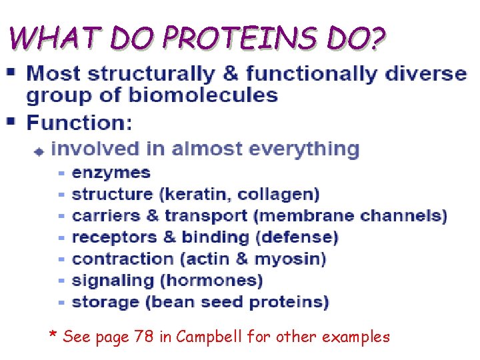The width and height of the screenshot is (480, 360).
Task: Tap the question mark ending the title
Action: tap(377, 38)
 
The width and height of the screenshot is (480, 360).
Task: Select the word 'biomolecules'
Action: tap(203, 95)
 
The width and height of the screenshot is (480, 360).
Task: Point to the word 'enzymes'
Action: tap(111, 173)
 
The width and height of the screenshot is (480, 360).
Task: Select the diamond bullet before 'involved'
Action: tap(39, 151)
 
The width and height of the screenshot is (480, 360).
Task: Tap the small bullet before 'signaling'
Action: tap(61, 281)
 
